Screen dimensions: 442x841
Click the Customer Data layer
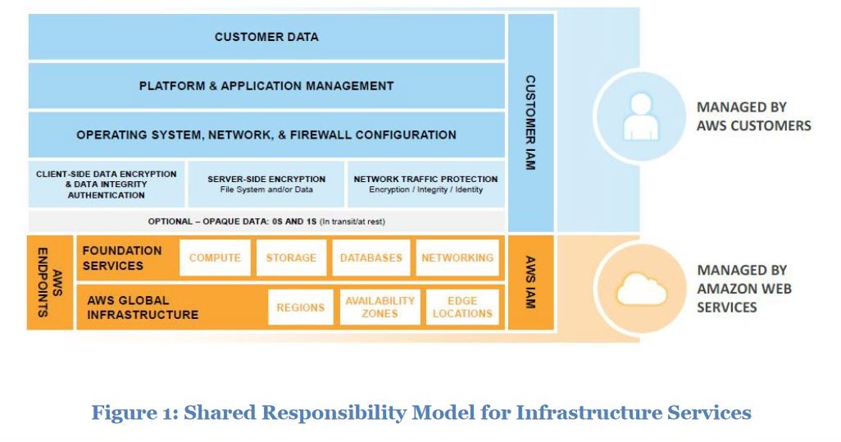point(266,37)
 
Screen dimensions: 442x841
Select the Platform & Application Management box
point(266,86)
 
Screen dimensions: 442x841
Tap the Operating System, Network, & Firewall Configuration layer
point(266,134)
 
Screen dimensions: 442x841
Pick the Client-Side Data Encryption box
point(107,184)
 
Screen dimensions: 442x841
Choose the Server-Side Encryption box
point(266,184)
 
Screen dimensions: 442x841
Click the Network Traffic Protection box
point(425,184)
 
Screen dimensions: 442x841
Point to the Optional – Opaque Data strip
point(266,221)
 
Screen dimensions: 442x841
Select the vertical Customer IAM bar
point(530,123)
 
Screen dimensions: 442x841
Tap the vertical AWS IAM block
point(530,281)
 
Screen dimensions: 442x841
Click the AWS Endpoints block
point(50,281)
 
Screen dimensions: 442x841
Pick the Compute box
point(215,257)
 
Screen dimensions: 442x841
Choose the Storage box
point(291,257)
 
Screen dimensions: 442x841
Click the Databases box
point(371,257)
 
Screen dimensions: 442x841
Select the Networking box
point(457,257)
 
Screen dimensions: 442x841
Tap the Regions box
point(300,308)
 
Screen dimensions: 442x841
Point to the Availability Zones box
point(380,308)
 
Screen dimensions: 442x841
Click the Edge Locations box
point(462,308)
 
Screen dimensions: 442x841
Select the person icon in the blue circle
point(640,116)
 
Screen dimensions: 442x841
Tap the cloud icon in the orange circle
point(640,289)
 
